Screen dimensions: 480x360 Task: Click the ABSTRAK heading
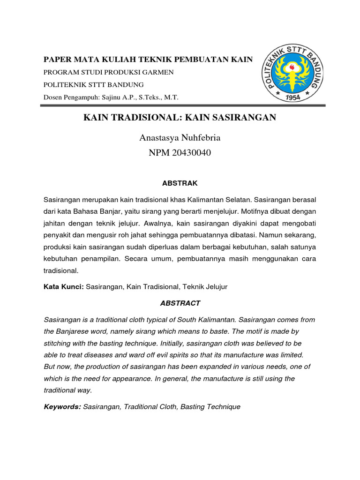[x=180, y=183]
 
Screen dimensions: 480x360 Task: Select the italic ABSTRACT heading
[x=180, y=303]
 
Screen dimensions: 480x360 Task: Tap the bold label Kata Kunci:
[x=64, y=286]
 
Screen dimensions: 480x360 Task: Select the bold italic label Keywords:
[x=62, y=407]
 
